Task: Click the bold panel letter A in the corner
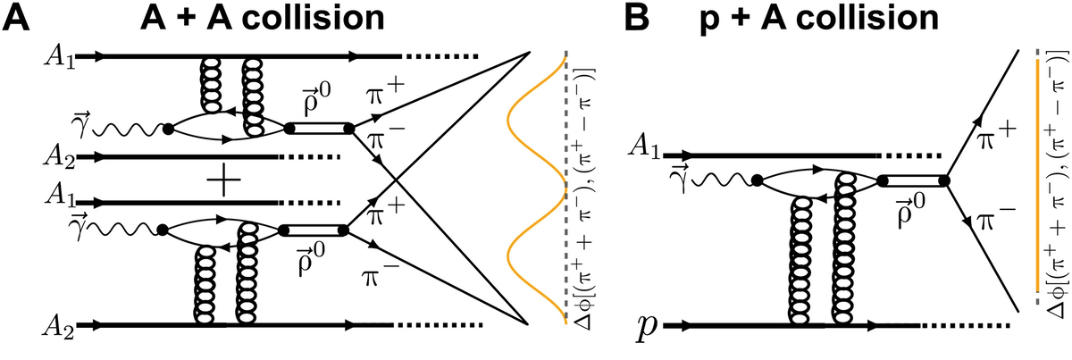tap(17, 17)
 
